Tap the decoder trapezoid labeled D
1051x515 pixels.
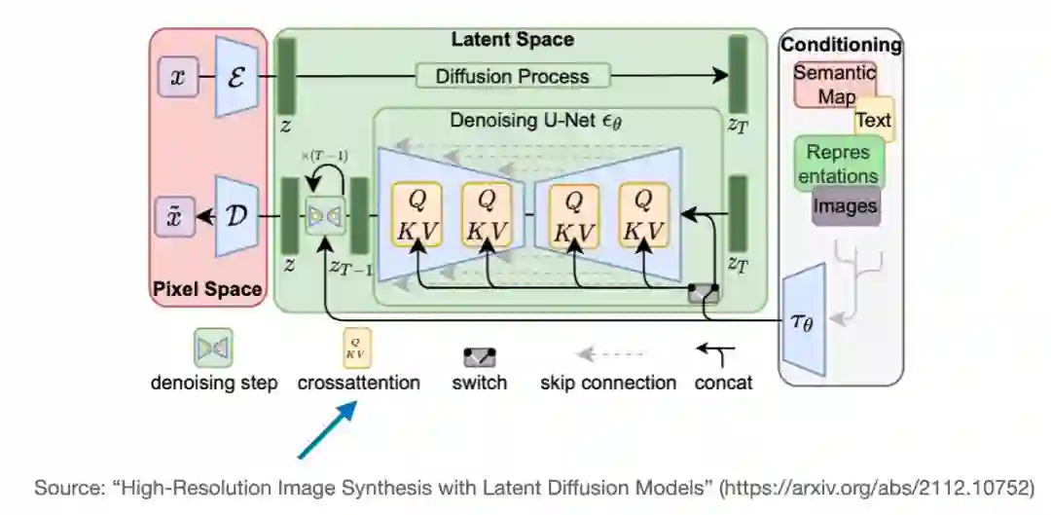click(236, 217)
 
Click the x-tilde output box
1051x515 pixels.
click(178, 217)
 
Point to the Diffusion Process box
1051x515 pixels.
click(512, 76)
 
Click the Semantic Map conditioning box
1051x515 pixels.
click(835, 85)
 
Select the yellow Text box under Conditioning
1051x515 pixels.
click(873, 121)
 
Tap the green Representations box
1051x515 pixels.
click(839, 164)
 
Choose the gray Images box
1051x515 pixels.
click(845, 206)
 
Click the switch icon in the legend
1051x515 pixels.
click(480, 355)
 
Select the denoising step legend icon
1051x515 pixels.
click(213, 348)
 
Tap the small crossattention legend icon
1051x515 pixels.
click(357, 348)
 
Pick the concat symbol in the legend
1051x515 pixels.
click(720, 353)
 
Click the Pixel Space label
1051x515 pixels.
click(206, 289)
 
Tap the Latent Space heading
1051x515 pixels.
click(512, 40)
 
